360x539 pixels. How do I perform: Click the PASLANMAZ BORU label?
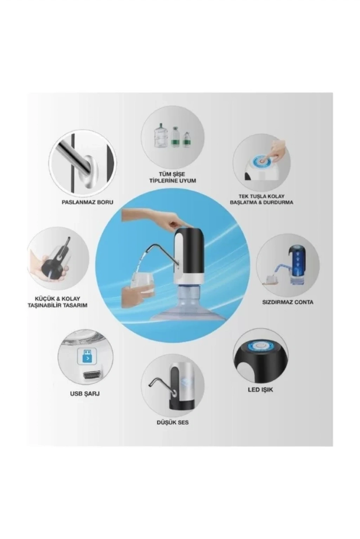point(88,202)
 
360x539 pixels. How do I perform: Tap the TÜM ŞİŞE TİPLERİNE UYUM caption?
point(173,177)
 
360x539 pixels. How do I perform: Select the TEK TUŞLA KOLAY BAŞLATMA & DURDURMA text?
point(262,200)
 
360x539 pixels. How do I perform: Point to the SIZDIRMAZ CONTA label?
point(288,302)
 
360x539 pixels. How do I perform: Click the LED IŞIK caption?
point(261,390)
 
